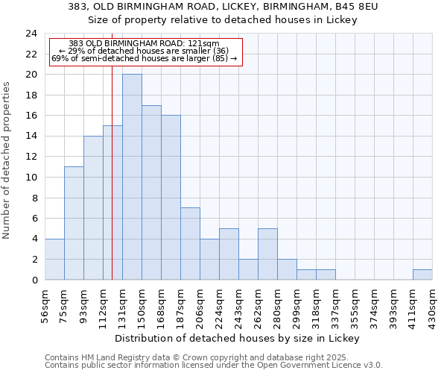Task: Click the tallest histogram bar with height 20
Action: (132, 177)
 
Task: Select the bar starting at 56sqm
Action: (54, 259)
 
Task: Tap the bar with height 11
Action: (74, 223)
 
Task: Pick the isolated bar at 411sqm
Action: (422, 275)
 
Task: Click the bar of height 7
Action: (190, 243)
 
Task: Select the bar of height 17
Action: (151, 192)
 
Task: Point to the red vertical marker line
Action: (112, 186)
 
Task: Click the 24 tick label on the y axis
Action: (31, 34)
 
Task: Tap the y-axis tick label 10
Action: (31, 178)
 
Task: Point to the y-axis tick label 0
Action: (34, 280)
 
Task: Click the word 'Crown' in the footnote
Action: (190, 357)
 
